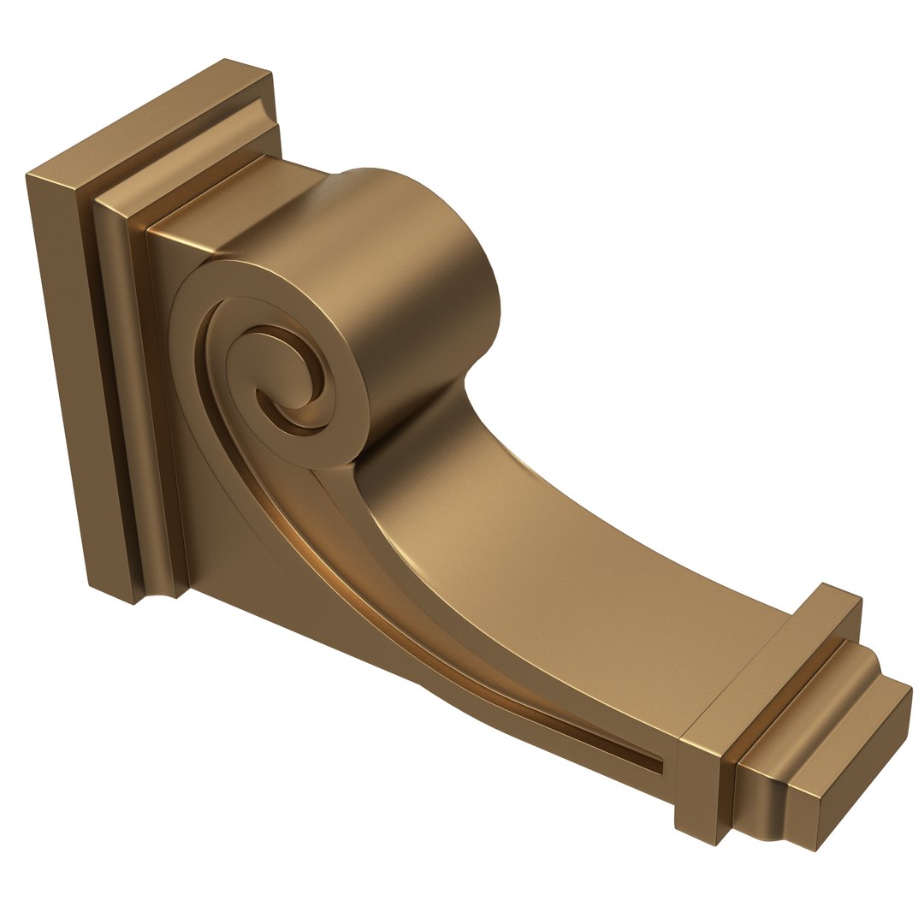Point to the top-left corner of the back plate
pyautogui.click(x=28, y=175)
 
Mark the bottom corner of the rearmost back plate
pyautogui.click(x=134, y=604)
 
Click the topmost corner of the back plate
pyautogui.click(x=224, y=60)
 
